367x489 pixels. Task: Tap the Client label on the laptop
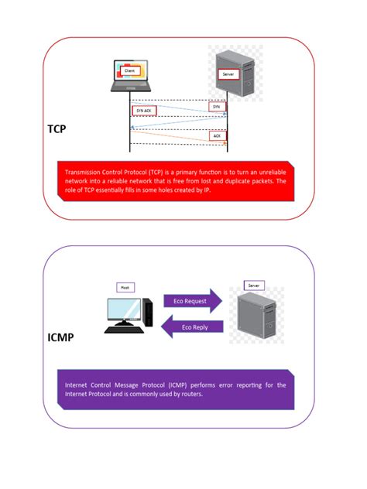129,70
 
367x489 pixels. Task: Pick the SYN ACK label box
144,111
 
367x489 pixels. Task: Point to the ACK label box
218,135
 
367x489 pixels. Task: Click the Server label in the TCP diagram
228,74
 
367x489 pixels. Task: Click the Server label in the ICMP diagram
255,286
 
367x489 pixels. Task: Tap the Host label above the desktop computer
124,287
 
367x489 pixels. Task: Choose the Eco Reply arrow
193,327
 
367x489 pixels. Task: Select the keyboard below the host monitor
125,330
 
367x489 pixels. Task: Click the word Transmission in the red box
87,171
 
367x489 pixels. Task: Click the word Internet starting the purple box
78,385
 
